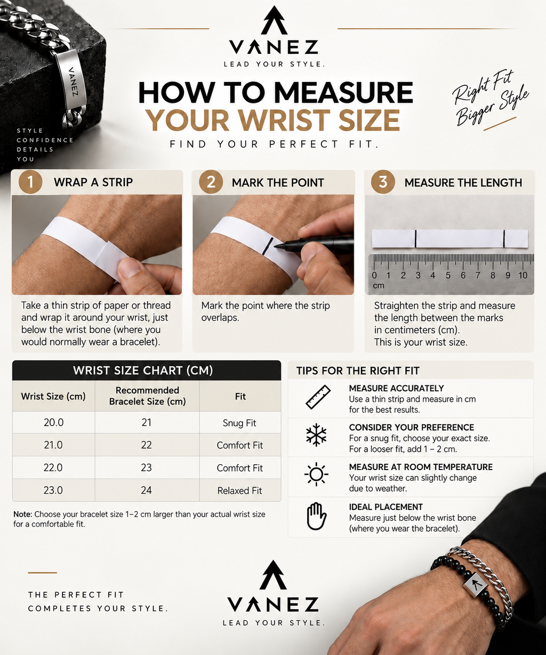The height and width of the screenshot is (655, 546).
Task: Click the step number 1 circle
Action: click(x=30, y=182)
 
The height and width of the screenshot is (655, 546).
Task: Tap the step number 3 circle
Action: click(x=383, y=182)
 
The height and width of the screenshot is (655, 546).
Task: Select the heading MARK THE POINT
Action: click(x=278, y=183)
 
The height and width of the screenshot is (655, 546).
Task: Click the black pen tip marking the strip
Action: click(x=277, y=247)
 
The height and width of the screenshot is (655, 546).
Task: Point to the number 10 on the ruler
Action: click(x=523, y=276)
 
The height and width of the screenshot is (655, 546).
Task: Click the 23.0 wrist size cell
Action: click(x=53, y=490)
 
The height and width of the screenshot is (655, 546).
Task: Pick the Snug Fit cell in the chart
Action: click(x=240, y=423)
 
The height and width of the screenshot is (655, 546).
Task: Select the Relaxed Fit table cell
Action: click(x=240, y=490)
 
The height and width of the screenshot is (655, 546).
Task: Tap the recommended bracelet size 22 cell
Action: click(x=147, y=445)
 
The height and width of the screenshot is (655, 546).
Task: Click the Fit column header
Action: click(x=240, y=396)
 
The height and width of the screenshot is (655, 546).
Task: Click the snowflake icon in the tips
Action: click(x=316, y=435)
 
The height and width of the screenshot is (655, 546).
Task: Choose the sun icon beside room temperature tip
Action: click(x=316, y=474)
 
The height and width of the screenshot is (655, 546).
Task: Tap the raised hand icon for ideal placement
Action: click(x=317, y=516)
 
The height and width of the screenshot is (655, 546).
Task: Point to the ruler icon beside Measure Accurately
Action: click(x=318, y=397)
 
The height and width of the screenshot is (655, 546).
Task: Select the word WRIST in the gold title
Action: click(x=286, y=120)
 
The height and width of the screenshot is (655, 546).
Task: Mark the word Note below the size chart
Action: click(x=22, y=514)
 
